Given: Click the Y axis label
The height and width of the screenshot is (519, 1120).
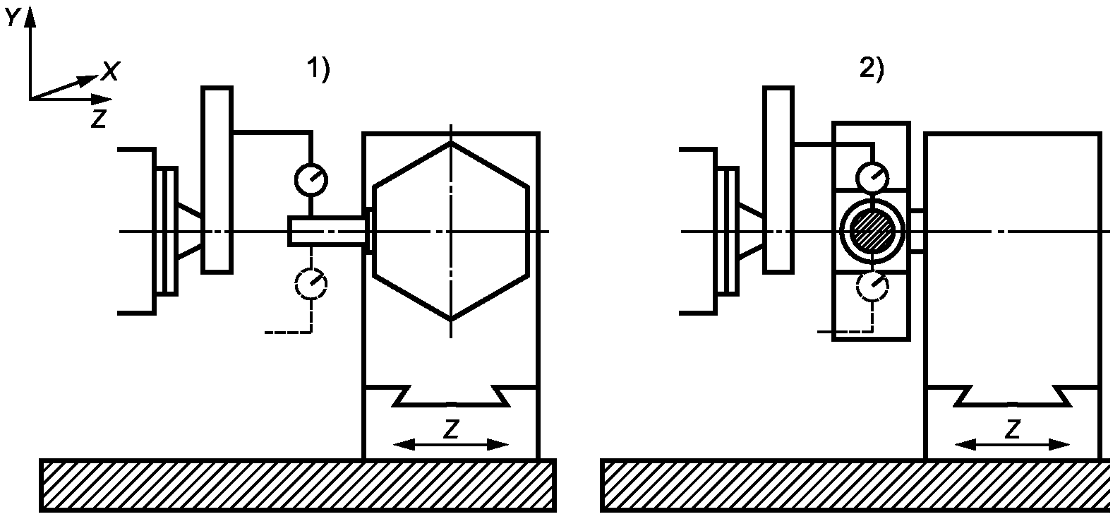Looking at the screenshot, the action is pos(12,19).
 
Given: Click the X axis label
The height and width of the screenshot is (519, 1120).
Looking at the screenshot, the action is pos(110,71).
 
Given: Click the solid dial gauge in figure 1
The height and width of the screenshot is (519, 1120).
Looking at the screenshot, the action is pos(311,179).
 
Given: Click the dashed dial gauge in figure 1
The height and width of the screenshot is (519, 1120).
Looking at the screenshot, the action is pos(311,284).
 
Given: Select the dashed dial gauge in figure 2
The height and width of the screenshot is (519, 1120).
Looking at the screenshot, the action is pos(873,287).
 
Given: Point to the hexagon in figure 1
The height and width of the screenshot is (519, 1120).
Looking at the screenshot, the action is pos(452,232).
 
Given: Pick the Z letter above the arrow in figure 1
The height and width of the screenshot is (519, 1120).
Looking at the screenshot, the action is pos(452,429).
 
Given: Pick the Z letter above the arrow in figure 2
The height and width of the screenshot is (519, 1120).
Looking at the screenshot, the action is pos(1013,429).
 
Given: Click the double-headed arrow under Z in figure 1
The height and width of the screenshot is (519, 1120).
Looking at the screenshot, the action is pos(452,445).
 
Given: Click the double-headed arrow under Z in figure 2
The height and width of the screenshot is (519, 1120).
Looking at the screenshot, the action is pos(1013,445).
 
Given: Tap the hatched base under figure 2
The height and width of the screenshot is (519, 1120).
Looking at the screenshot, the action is pos(857,485).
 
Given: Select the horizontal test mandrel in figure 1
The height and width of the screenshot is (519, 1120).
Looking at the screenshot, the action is pos(327,232).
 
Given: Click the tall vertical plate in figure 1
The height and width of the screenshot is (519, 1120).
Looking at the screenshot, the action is pos(217,179).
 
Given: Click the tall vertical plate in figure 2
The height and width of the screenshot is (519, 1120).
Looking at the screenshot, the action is pos(778,179).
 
